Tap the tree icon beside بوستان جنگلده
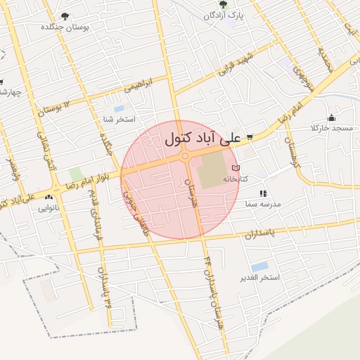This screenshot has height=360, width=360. (65, 16)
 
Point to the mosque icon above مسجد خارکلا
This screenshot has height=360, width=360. (331, 117)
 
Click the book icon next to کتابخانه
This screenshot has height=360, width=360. (236, 168)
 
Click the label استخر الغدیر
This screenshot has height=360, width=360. (259, 278)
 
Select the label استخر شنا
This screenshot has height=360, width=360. (117, 120)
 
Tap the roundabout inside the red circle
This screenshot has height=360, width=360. (185, 157)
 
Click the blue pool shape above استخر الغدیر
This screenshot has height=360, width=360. (259, 266)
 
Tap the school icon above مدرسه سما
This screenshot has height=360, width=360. (262, 193)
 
